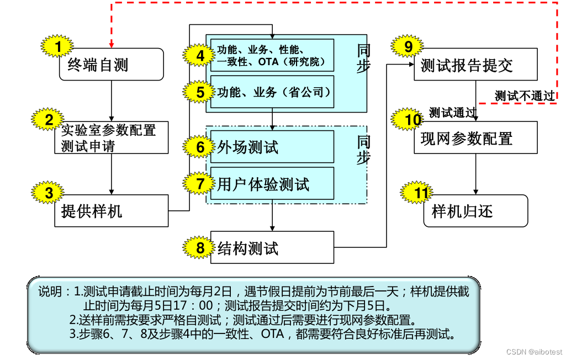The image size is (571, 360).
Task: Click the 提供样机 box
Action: pos(112,210)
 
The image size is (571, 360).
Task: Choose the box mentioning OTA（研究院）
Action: pos(272,55)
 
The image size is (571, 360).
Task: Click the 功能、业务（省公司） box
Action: pos(272,92)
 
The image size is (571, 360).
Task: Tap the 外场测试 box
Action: pos(272,147)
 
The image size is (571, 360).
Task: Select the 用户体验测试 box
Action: pos(272,184)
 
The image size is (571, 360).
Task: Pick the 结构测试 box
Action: pos(272,247)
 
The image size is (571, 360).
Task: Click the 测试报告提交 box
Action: pos(475,65)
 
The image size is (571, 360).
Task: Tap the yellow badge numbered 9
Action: pos(408,47)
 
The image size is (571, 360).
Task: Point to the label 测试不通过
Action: pos(524,96)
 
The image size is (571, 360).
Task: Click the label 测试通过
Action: pos(452,113)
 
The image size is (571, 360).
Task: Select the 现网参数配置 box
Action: pos(475,137)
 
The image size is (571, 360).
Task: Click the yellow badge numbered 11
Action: pos(421,193)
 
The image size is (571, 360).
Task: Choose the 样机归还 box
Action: pos(475,210)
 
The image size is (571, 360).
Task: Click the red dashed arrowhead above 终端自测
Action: pos(112,44)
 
